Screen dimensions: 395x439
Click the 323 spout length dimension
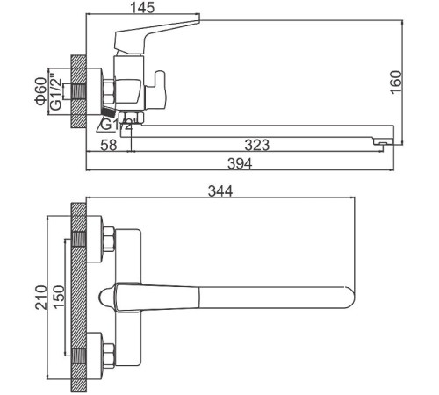tap(255, 145)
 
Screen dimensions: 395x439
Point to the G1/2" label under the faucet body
tap(116, 126)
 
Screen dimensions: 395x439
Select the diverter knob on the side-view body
tap(161, 89)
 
